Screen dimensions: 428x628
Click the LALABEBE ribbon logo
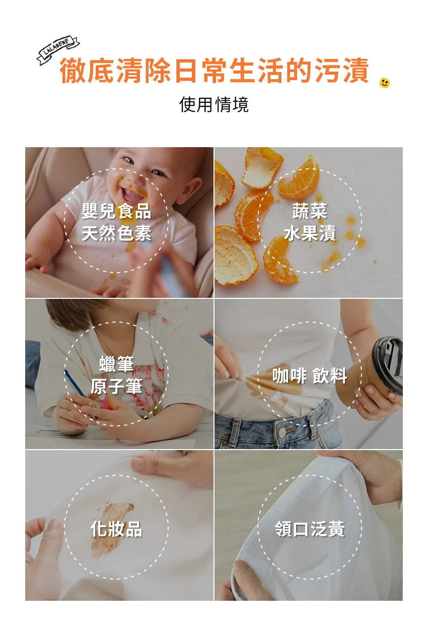tap(58, 50)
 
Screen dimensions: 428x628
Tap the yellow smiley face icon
tap(384, 83)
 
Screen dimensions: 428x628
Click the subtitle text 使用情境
tap(213, 104)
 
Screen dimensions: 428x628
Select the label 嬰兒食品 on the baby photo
tap(116, 211)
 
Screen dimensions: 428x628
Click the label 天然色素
tap(116, 233)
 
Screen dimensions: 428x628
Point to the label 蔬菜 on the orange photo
tap(309, 211)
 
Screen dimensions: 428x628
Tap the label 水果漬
tap(309, 233)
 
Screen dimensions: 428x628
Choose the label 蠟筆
tap(116, 363)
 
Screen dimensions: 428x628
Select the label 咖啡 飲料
tap(309, 375)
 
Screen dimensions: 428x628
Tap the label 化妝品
tap(116, 529)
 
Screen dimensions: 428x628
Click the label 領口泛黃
tap(309, 529)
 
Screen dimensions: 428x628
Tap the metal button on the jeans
tap(282, 432)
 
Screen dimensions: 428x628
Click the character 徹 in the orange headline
tap(73, 70)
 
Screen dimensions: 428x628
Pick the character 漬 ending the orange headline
tap(355, 70)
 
